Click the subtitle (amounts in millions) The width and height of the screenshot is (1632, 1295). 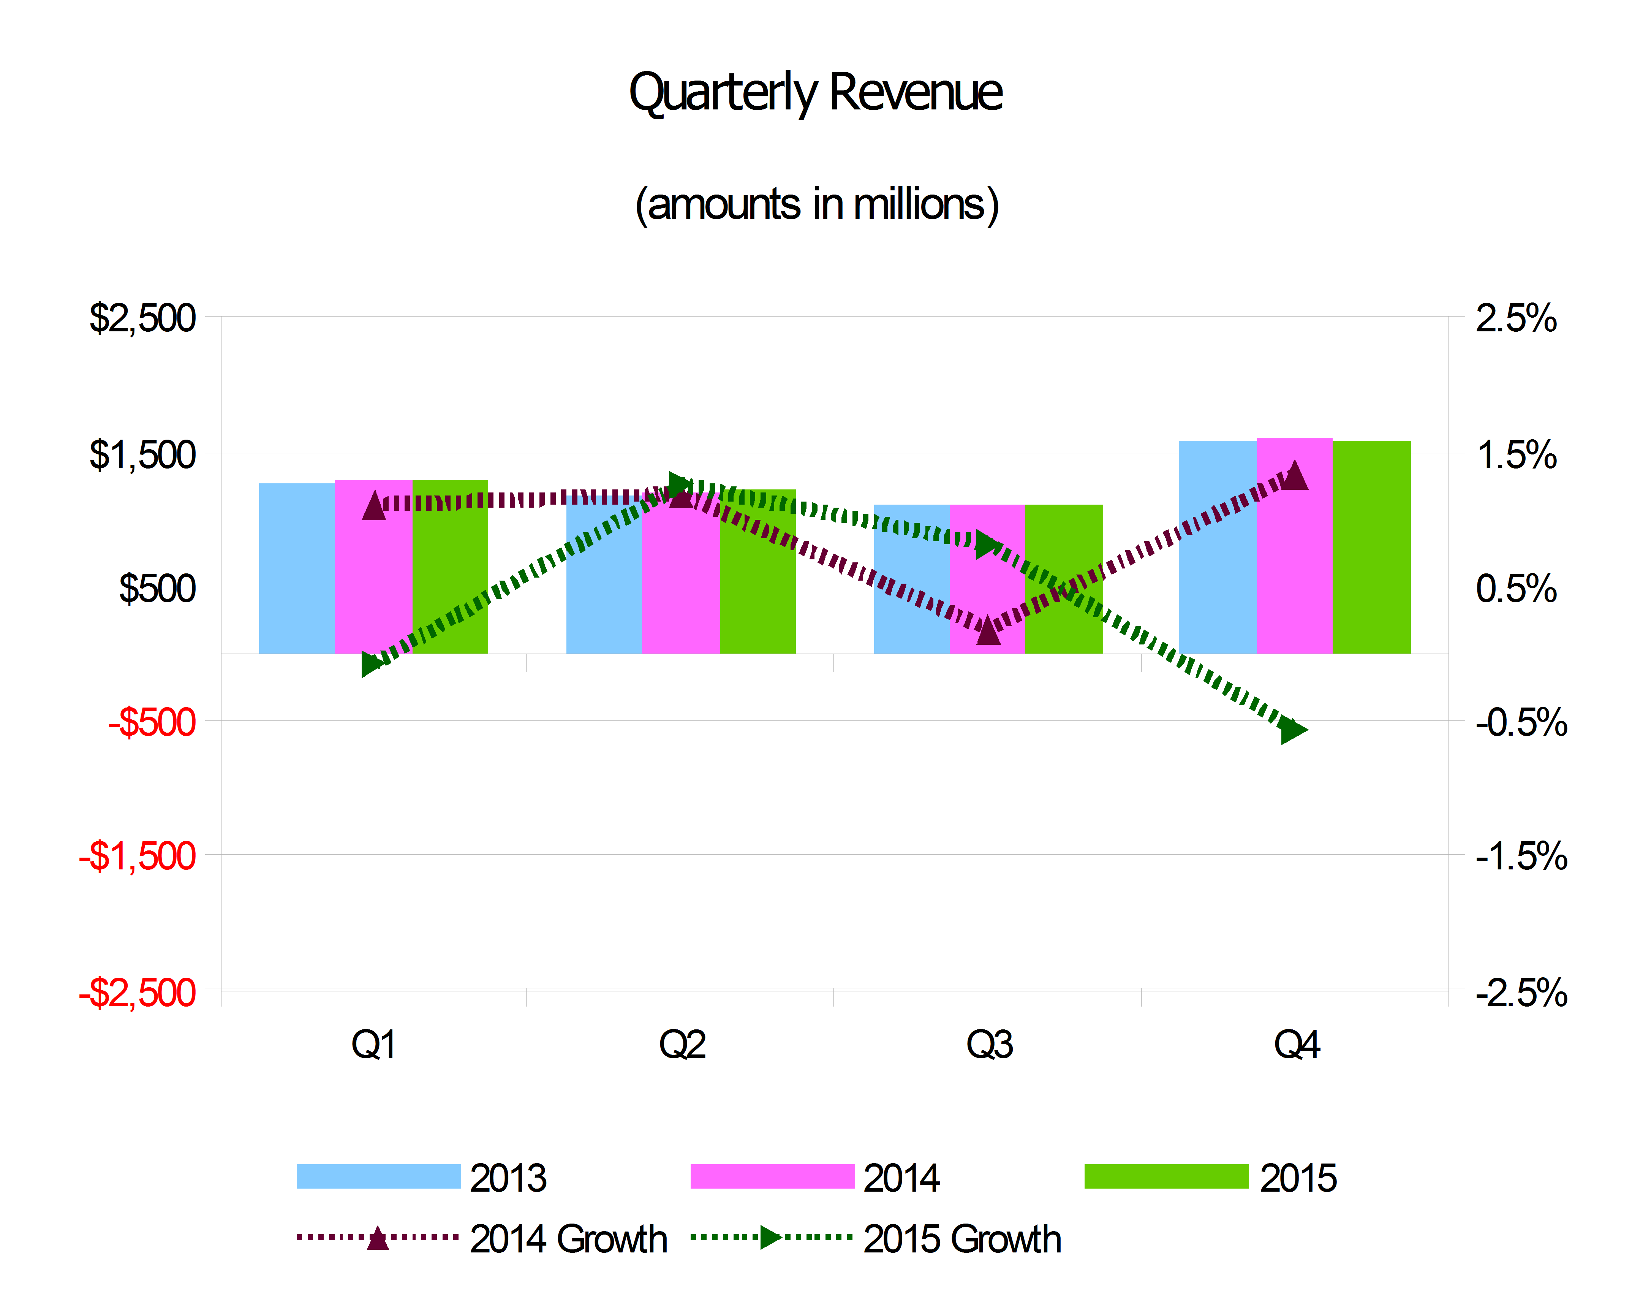(x=816, y=204)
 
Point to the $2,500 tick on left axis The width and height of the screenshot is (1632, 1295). (x=142, y=318)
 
